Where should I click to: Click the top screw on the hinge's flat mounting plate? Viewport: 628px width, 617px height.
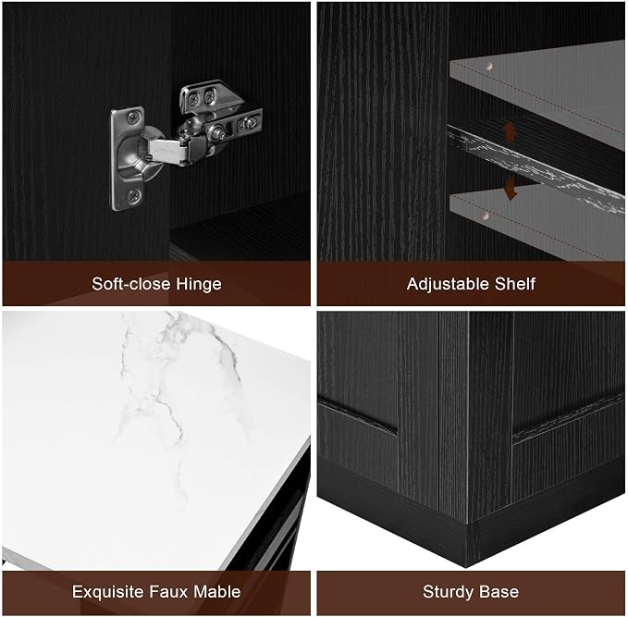132,117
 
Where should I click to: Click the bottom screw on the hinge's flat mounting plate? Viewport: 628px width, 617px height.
133,196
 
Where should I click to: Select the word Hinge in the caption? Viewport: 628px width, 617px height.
199,284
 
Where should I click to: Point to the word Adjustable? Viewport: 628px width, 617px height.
449,284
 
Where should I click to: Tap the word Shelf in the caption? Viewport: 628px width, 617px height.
514,284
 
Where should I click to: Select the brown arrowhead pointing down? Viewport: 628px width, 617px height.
510,194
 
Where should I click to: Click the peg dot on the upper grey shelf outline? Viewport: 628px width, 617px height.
489,66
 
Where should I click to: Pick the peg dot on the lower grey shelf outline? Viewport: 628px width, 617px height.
486,216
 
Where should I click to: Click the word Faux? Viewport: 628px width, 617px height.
169,592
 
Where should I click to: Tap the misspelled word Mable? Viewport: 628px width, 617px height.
217,592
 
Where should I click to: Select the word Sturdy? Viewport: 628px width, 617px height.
446,592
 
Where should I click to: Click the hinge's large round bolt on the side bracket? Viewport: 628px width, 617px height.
219,132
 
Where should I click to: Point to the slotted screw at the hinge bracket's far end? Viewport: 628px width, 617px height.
250,123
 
